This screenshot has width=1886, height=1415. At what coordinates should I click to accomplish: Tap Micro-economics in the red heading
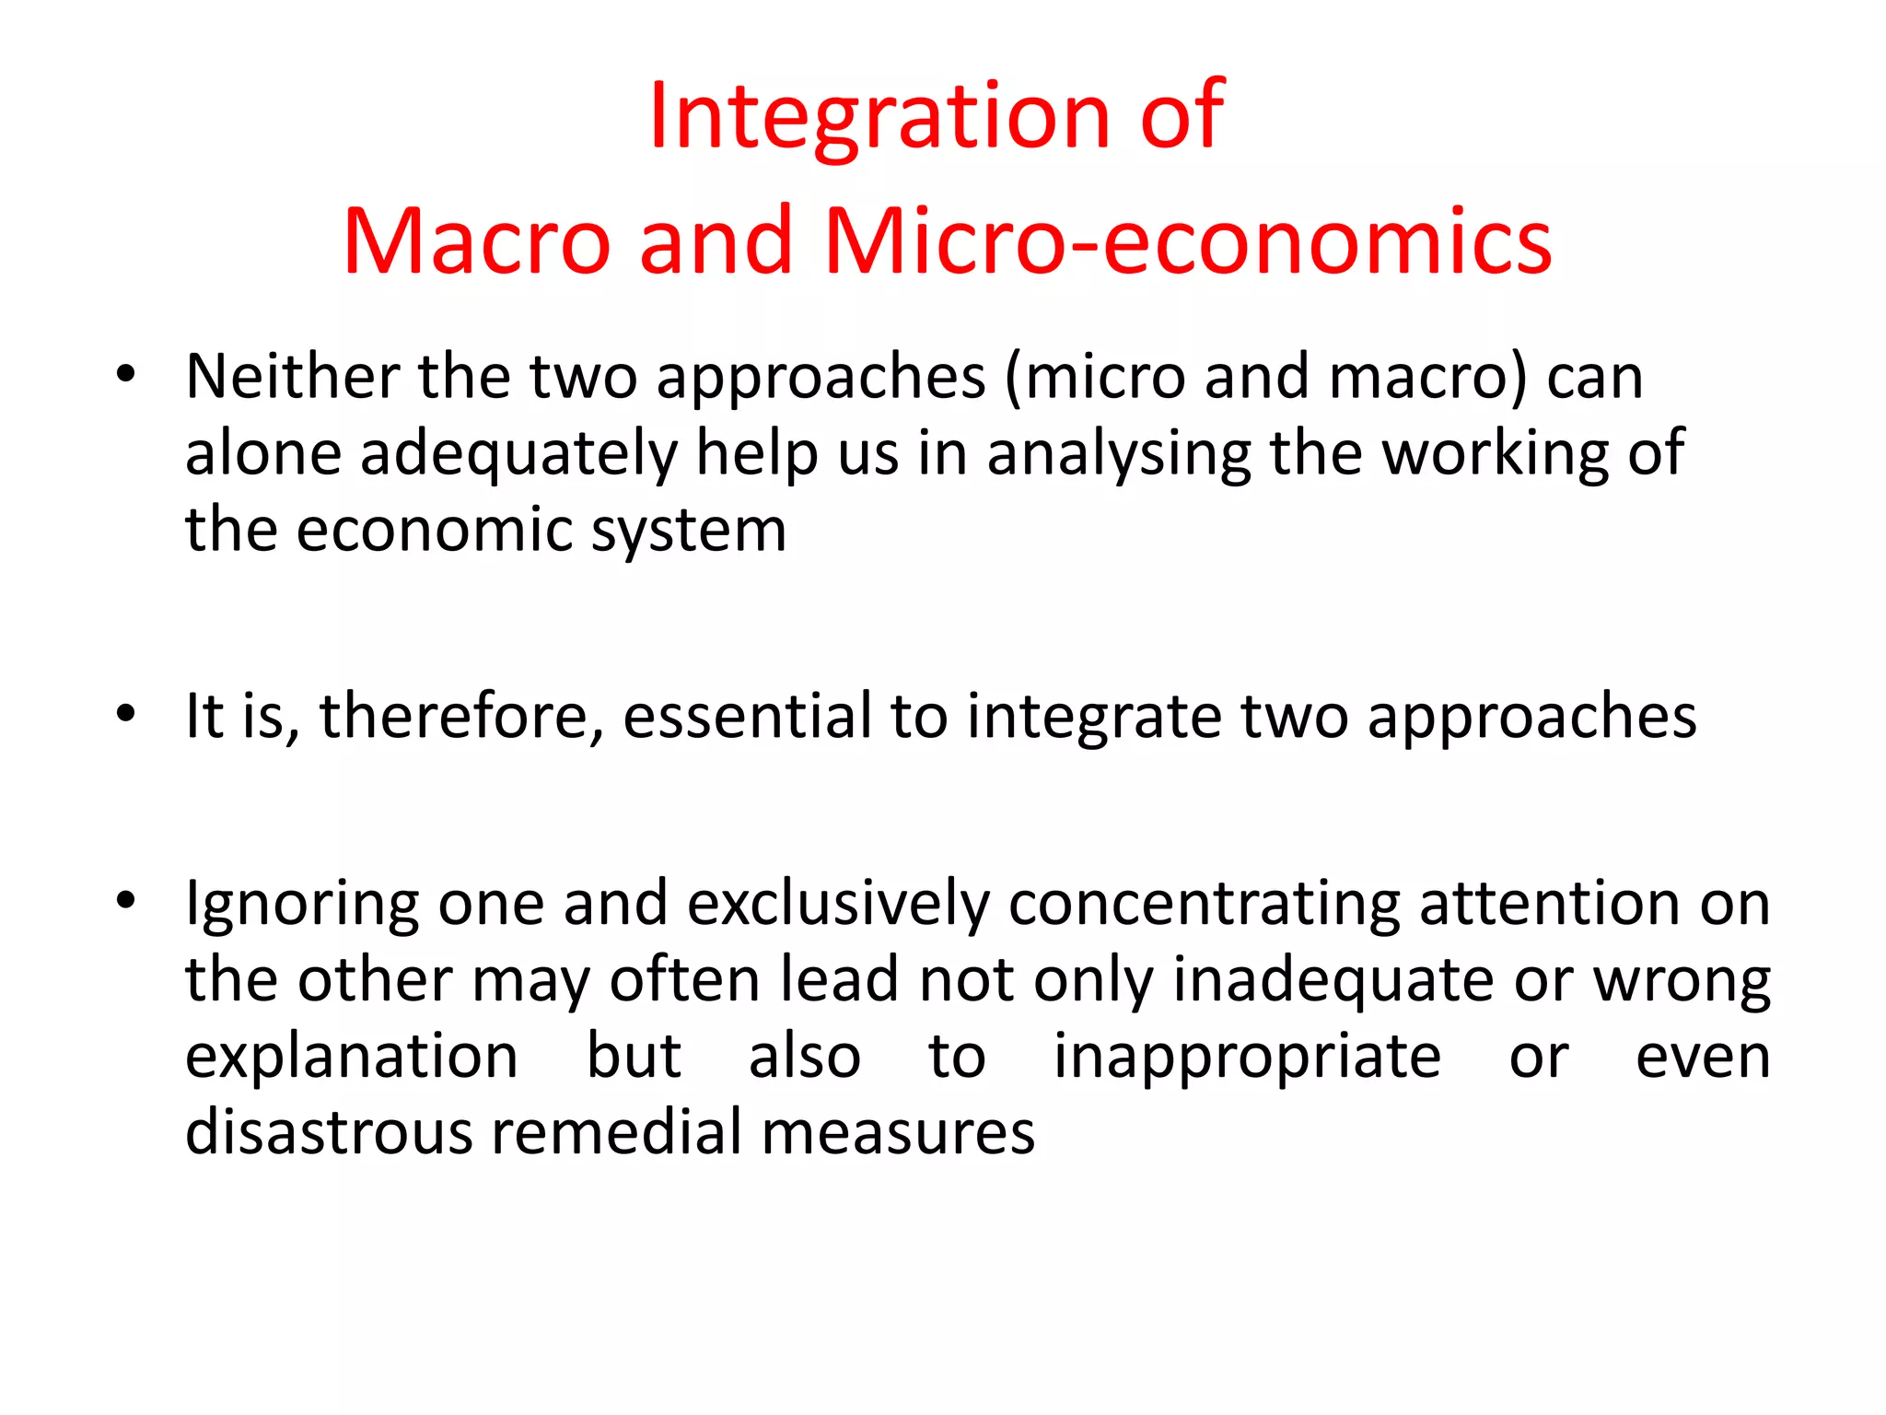coord(1188,241)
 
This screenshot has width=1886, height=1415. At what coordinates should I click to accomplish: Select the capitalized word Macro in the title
coord(476,241)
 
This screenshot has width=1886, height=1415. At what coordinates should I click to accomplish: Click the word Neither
coord(293,377)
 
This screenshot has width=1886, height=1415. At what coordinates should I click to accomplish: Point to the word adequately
coord(518,454)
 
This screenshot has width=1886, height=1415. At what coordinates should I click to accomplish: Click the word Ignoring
coord(302,905)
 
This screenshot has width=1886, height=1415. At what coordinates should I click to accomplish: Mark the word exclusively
coord(838,903)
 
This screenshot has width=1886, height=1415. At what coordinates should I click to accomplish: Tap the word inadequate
coord(1333,979)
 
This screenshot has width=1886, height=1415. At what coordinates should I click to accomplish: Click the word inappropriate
coord(1247,1058)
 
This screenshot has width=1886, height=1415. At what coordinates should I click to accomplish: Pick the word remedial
coord(617,1132)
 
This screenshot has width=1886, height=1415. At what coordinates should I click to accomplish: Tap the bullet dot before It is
coord(126,714)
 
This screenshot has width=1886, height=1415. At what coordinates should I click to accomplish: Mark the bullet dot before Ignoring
coord(126,901)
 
